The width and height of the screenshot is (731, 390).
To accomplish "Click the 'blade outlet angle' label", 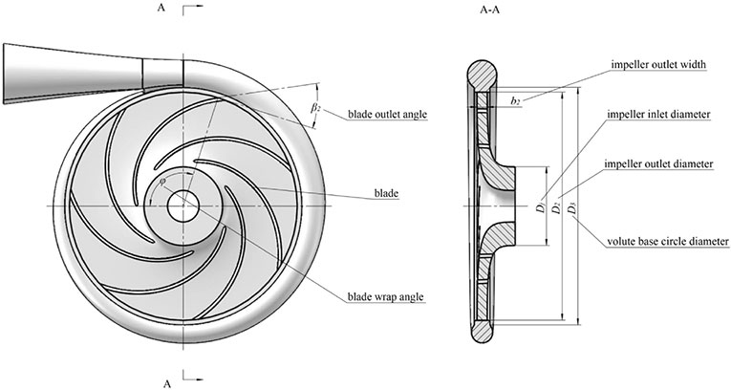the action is [387, 114].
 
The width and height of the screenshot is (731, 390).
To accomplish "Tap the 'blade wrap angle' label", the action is [385, 296].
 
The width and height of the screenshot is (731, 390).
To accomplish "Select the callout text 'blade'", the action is [386, 193].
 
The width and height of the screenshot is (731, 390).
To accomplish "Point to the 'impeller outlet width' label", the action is [658, 65].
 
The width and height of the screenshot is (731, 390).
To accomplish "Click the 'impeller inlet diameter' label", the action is [658, 115].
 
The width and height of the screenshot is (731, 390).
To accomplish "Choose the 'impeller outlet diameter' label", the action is [658, 163].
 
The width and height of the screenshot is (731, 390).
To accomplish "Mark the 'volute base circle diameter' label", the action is [668, 242].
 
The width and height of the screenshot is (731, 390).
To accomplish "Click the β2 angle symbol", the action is [315, 108].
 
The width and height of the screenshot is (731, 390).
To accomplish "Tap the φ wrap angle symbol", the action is [161, 182].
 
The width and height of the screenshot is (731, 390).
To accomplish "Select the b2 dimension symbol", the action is [515, 101].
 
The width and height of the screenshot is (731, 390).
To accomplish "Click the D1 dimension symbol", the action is [540, 206].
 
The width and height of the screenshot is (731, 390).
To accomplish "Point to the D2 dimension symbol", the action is [557, 208].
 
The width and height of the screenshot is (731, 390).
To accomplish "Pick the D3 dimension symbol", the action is [572, 210].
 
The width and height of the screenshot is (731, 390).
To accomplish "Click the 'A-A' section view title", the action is [489, 10].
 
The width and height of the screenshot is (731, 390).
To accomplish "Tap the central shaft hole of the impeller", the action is [183, 206].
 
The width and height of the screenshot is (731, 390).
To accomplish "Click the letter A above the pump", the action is [161, 8].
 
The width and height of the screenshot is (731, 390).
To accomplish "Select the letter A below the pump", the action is [167, 384].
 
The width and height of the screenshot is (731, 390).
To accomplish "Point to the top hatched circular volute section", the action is [483, 76].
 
